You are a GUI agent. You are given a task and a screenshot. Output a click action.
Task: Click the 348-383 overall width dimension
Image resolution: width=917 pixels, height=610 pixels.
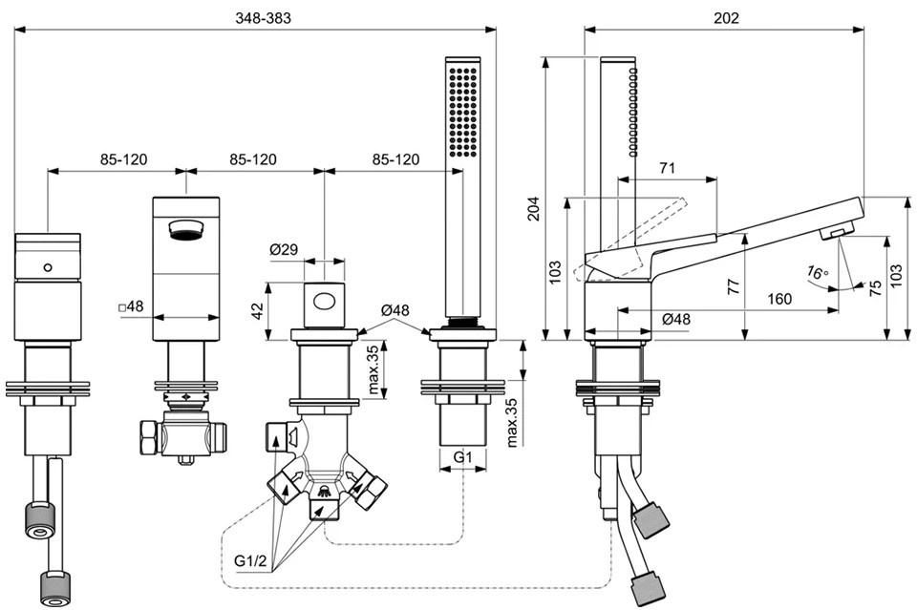[x=263, y=17]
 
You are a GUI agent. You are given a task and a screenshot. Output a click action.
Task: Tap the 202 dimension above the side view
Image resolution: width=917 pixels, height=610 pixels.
[x=726, y=17]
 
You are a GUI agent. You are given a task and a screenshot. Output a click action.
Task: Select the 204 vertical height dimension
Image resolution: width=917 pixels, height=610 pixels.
[x=534, y=208]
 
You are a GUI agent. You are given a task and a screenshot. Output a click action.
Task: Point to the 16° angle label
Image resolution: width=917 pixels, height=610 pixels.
[x=817, y=272]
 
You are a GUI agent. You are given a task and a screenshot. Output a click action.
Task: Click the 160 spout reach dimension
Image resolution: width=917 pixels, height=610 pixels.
[x=779, y=299]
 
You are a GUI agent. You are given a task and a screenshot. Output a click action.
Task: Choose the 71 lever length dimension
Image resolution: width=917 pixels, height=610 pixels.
[x=667, y=168]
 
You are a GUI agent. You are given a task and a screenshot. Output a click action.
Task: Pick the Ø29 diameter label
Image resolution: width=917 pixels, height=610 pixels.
[x=284, y=249]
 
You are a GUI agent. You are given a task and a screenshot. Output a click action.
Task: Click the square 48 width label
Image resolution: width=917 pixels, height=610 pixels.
[x=131, y=306]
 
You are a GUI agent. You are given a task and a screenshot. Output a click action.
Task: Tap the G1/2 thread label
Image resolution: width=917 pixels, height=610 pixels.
[x=250, y=561]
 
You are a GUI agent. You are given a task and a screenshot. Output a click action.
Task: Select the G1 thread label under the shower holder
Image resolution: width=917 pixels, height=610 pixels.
[x=462, y=457]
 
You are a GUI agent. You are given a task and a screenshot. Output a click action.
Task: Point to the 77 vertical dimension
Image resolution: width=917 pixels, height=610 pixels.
[x=734, y=286]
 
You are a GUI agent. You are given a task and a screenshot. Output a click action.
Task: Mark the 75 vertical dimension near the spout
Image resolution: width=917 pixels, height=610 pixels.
[x=875, y=288]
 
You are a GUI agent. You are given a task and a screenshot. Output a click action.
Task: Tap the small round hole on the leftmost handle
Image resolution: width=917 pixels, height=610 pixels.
[x=48, y=267]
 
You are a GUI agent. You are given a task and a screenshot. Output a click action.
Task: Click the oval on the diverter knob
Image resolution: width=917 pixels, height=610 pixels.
[x=324, y=302]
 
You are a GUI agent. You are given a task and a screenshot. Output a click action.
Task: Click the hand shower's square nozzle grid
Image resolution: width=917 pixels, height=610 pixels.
[x=462, y=112]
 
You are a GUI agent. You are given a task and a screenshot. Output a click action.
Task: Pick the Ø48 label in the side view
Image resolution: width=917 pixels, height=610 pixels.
[x=676, y=319]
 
